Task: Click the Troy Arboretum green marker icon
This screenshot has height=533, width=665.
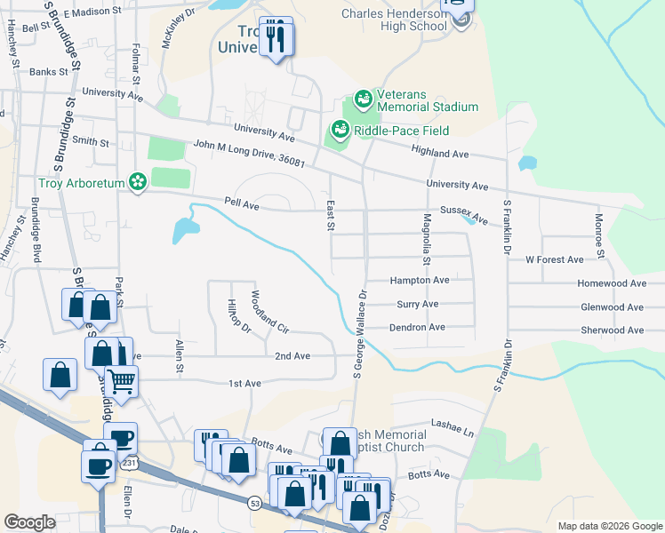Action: [x=137, y=182]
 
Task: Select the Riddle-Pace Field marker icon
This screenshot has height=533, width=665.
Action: [x=339, y=131]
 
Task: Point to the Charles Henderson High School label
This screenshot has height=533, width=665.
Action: [x=395, y=20]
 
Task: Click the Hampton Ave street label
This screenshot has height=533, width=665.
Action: [x=420, y=280]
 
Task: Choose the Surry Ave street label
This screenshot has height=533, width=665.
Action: [x=414, y=304]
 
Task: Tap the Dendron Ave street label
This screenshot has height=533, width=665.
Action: [x=417, y=327]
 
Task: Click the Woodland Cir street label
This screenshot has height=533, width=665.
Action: [x=270, y=312]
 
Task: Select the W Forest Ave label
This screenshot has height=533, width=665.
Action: [x=554, y=259]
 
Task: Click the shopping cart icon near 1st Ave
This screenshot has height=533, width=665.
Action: [x=122, y=380]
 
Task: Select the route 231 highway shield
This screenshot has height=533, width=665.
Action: [x=130, y=463]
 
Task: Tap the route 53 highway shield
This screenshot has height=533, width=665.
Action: [x=254, y=503]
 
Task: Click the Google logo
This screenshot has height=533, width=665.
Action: [x=29, y=522]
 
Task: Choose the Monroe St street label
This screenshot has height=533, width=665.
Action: [x=599, y=236]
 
